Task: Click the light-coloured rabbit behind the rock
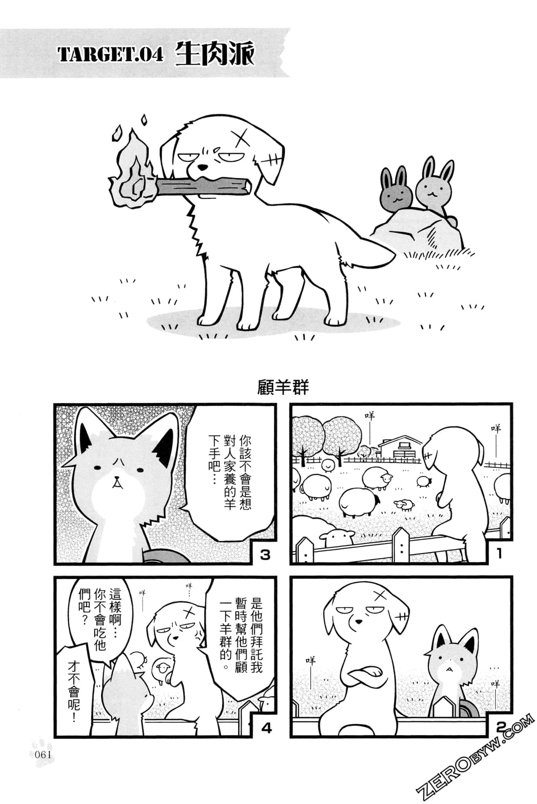[430, 184]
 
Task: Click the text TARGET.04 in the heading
[110, 55]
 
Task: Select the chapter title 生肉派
[214, 53]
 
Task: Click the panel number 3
[265, 555]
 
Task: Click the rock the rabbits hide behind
[420, 228]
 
